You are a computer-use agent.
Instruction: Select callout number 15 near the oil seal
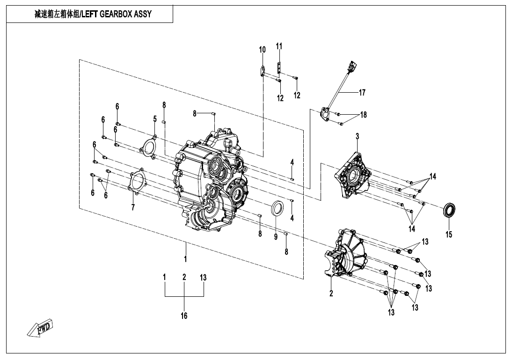click(x=448, y=235)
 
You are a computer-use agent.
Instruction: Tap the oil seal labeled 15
click(x=450, y=210)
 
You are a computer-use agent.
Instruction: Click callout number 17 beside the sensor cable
click(x=362, y=93)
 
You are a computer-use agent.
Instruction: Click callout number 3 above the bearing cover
click(x=357, y=136)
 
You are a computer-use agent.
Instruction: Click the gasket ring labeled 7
click(x=137, y=181)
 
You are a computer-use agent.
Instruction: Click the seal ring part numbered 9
click(x=278, y=208)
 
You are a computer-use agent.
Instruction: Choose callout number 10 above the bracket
click(x=262, y=50)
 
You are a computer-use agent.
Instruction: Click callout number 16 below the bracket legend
click(x=184, y=316)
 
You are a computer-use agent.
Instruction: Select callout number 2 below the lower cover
click(x=331, y=294)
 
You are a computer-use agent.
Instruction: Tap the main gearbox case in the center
click(x=211, y=183)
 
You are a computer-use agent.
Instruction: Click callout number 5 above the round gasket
click(x=154, y=119)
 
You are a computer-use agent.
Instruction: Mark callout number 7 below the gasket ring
click(x=133, y=207)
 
